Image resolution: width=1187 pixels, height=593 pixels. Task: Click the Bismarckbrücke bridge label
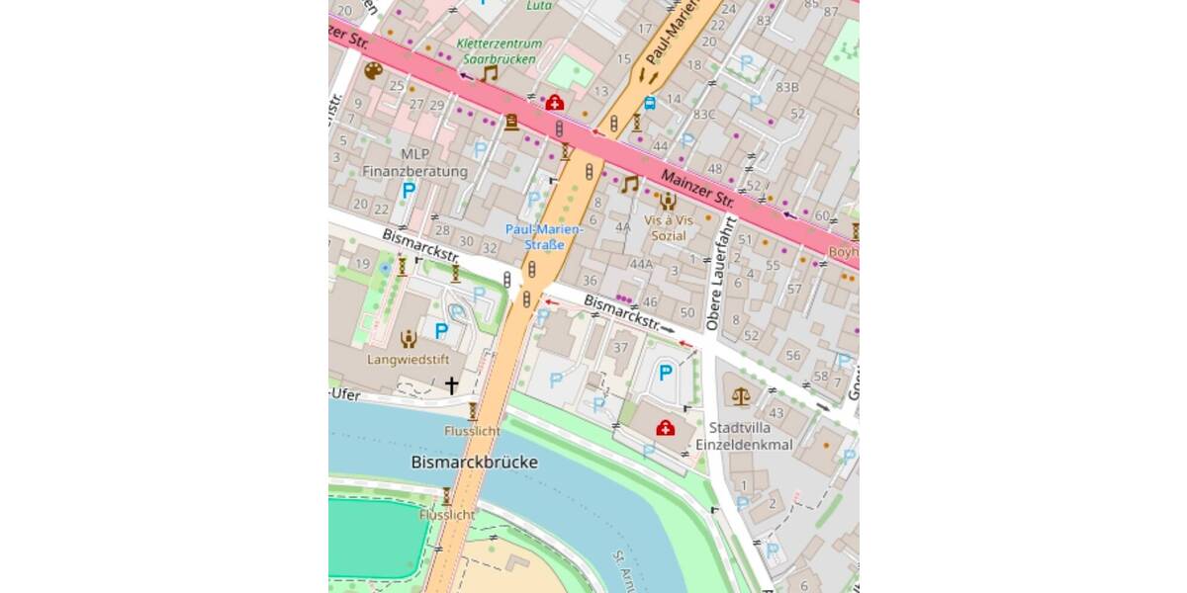(x=474, y=462)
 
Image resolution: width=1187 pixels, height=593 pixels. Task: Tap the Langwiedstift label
(x=409, y=360)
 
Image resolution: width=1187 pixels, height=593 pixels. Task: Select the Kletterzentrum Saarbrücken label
(x=501, y=51)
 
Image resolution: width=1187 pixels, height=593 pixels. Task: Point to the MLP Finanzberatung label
(x=414, y=163)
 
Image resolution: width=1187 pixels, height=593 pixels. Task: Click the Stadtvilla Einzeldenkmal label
(x=752, y=436)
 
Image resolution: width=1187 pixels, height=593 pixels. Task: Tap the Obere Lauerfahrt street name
(x=721, y=274)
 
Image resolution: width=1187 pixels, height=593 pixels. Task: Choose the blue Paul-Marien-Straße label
(x=544, y=237)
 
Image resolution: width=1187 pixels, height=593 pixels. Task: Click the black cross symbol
(x=451, y=385)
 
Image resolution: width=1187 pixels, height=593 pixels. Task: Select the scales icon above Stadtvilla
(x=741, y=396)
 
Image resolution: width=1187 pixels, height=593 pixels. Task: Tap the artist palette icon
(x=373, y=71)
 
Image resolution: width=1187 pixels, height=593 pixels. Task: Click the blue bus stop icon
(x=649, y=102)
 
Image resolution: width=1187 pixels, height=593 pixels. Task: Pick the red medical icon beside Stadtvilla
(x=666, y=428)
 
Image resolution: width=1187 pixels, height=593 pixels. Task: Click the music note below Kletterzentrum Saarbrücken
(x=489, y=73)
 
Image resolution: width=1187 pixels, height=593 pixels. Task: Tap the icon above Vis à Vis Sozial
(x=668, y=201)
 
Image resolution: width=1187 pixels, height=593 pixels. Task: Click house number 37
(x=621, y=347)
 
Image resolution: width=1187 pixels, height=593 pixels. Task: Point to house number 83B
(x=787, y=87)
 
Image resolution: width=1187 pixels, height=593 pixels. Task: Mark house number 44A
(x=641, y=264)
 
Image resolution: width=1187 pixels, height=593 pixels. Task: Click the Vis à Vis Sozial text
(x=669, y=227)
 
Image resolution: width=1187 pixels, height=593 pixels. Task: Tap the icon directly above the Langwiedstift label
(x=408, y=339)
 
